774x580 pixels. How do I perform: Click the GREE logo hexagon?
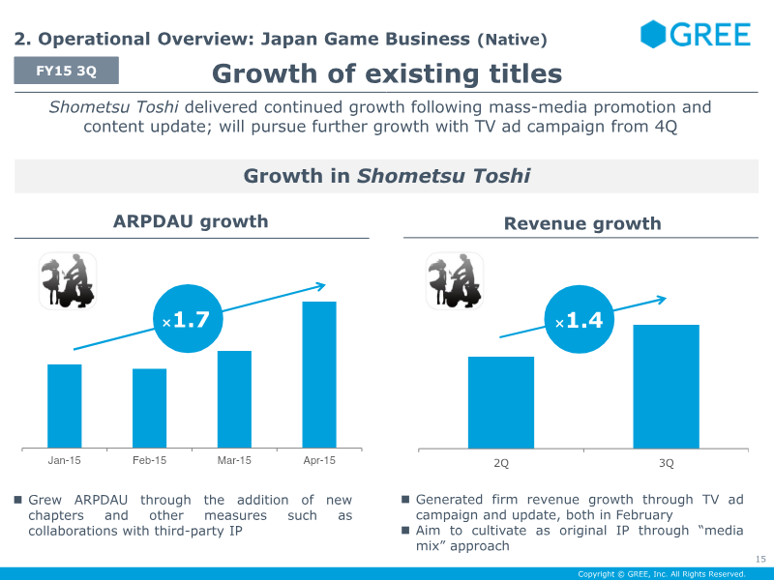pos(652,34)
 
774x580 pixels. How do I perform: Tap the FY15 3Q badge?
pos(66,71)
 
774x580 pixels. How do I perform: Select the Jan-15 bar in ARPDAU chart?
pos(64,406)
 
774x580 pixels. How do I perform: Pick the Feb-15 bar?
pos(150,408)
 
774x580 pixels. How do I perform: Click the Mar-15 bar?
pos(234,399)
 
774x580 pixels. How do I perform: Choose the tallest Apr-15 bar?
pos(319,375)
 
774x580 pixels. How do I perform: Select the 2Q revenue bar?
pos(501,402)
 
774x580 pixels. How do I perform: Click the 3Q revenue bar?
pos(667,387)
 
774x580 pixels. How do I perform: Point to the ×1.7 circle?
pos(188,319)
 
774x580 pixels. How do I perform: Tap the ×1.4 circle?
pos(580,319)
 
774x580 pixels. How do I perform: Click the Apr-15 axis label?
pos(319,460)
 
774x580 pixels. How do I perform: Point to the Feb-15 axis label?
pos(150,460)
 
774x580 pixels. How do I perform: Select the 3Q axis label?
pos(667,463)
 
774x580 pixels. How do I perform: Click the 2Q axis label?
pos(501,463)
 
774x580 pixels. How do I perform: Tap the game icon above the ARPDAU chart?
pos(68,281)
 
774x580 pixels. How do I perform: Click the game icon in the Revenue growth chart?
pos(455,281)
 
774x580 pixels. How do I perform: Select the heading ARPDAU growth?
pos(191,221)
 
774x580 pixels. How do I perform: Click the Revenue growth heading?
pos(582,223)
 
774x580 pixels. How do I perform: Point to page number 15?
pos(760,559)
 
